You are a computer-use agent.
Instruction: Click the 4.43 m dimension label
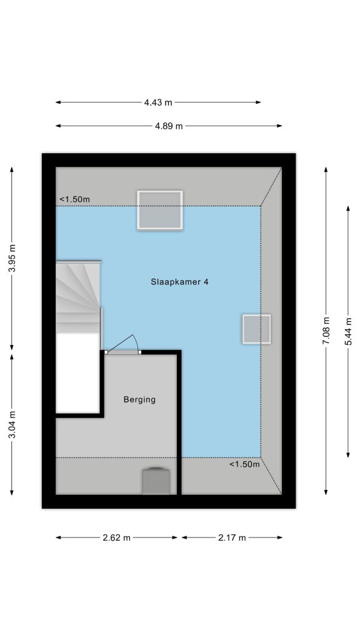[x=158, y=102]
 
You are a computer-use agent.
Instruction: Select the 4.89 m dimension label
[x=169, y=126]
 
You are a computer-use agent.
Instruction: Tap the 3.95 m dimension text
[x=12, y=258]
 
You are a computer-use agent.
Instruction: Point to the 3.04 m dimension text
[x=12, y=424]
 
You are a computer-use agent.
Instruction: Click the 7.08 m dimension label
[x=326, y=331]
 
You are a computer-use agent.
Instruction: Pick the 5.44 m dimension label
[x=348, y=331]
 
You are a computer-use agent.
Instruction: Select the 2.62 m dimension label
[x=116, y=537]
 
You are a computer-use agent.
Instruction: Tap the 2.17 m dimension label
[x=232, y=537]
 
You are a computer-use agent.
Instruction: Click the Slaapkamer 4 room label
[x=179, y=282]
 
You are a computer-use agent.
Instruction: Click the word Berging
[x=139, y=399]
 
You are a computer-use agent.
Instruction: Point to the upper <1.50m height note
[x=75, y=199]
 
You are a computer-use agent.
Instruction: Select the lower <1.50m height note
[x=244, y=464]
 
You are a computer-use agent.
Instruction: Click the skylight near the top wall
[x=159, y=210]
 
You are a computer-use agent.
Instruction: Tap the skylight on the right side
[x=256, y=329]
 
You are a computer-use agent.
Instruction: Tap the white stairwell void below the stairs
[x=78, y=372]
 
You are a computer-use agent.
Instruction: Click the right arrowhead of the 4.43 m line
[x=258, y=102]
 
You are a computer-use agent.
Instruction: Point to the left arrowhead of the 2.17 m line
[x=184, y=537]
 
